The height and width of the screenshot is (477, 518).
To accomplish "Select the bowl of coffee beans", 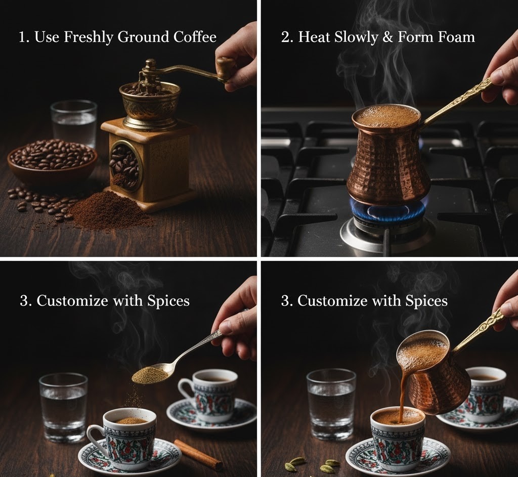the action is [52, 161].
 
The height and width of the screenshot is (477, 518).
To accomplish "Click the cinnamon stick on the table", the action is [198, 455].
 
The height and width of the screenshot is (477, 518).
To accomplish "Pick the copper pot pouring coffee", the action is [434, 371].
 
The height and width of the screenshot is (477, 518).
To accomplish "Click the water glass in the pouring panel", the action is [331, 404].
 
